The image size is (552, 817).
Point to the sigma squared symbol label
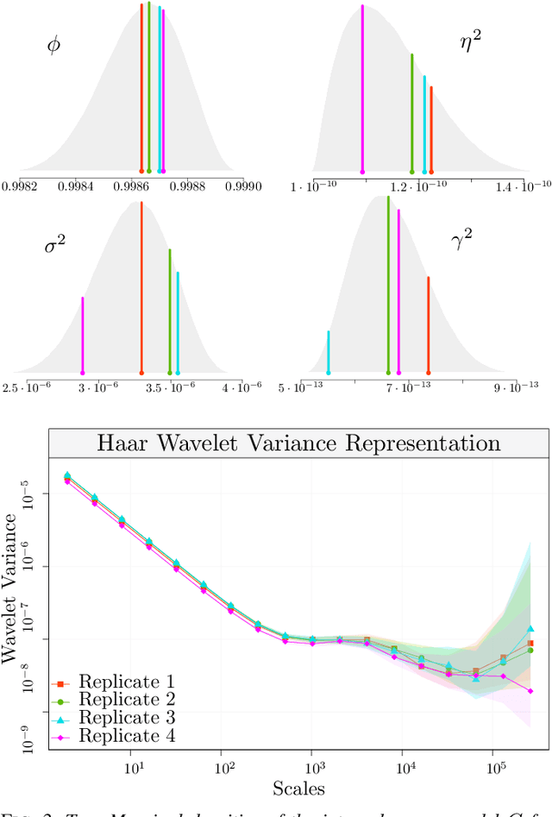[x=55, y=245]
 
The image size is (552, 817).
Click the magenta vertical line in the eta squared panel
[x=362, y=86]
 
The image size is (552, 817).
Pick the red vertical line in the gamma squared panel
[x=428, y=324]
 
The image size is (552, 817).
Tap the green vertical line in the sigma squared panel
[x=169, y=311]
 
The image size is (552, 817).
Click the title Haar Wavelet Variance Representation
[x=298, y=443]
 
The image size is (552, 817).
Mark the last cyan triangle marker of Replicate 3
[x=530, y=629]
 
